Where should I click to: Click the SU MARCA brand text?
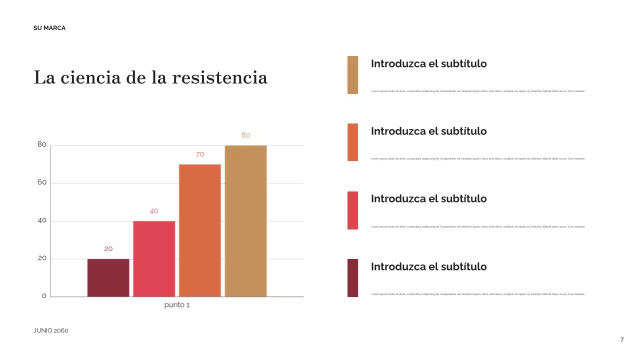coord(49,28)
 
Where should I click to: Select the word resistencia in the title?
coord(219,78)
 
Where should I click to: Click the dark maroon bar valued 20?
coord(108,277)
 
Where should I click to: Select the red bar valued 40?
coord(154,258)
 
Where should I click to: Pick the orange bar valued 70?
coord(200,230)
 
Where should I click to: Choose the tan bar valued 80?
coord(245,220)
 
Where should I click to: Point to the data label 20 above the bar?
coord(108,248)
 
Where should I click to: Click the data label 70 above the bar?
coord(200,154)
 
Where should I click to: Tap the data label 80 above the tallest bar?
coord(245,135)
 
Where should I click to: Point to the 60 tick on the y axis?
coord(42,182)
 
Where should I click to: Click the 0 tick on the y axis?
coord(44,296)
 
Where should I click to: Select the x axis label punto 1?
coord(177,305)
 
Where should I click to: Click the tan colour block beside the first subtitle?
coord(352,75)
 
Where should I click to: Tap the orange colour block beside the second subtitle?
coord(352,142)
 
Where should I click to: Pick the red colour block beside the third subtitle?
coord(352,210)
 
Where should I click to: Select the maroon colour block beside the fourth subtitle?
coord(352,278)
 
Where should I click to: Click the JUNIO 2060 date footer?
coord(51,330)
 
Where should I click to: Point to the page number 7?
coord(622,340)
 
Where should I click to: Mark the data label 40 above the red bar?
coord(154,211)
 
